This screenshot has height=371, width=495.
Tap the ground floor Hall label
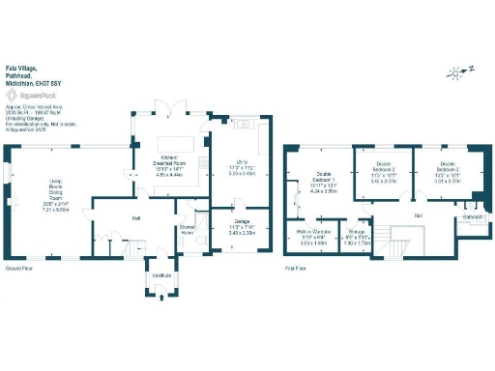click(136, 217)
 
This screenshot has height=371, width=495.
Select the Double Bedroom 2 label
click(384, 169)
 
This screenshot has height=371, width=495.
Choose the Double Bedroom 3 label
click(444, 169)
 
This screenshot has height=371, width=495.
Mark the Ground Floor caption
click(20, 268)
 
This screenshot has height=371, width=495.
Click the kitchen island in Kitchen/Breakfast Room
click(185, 145)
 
